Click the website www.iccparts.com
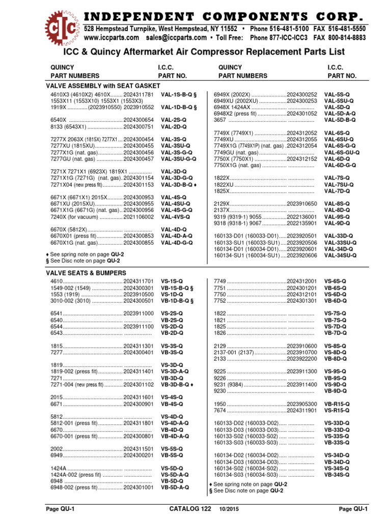tap(111, 38)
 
